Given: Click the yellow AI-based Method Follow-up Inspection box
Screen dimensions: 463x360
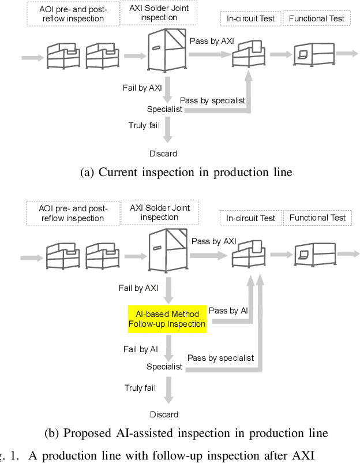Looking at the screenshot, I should click(167, 319).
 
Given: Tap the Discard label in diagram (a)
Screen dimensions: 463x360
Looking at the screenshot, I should click(164, 154).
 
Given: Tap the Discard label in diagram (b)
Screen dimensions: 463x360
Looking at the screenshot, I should click(164, 415).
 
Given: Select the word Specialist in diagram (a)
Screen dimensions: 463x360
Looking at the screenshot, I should click(164, 109).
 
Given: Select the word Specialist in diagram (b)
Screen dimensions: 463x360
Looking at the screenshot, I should click(164, 367).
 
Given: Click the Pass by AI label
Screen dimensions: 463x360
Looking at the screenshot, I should click(228, 311).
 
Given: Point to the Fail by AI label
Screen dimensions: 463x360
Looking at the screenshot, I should click(140, 349).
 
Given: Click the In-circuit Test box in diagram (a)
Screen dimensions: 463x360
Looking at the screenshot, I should click(250, 18).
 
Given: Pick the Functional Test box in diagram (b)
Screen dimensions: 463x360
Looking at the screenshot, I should click(317, 218).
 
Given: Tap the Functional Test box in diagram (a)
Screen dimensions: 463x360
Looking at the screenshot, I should click(317, 18).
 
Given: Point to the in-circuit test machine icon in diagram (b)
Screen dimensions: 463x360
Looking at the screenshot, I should click(250, 254).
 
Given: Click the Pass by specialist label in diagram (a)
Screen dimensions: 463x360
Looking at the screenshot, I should click(212, 100).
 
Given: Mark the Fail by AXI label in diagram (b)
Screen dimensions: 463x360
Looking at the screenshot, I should click(141, 287).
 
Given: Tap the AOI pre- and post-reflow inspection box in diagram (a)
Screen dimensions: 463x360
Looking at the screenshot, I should click(72, 14).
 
